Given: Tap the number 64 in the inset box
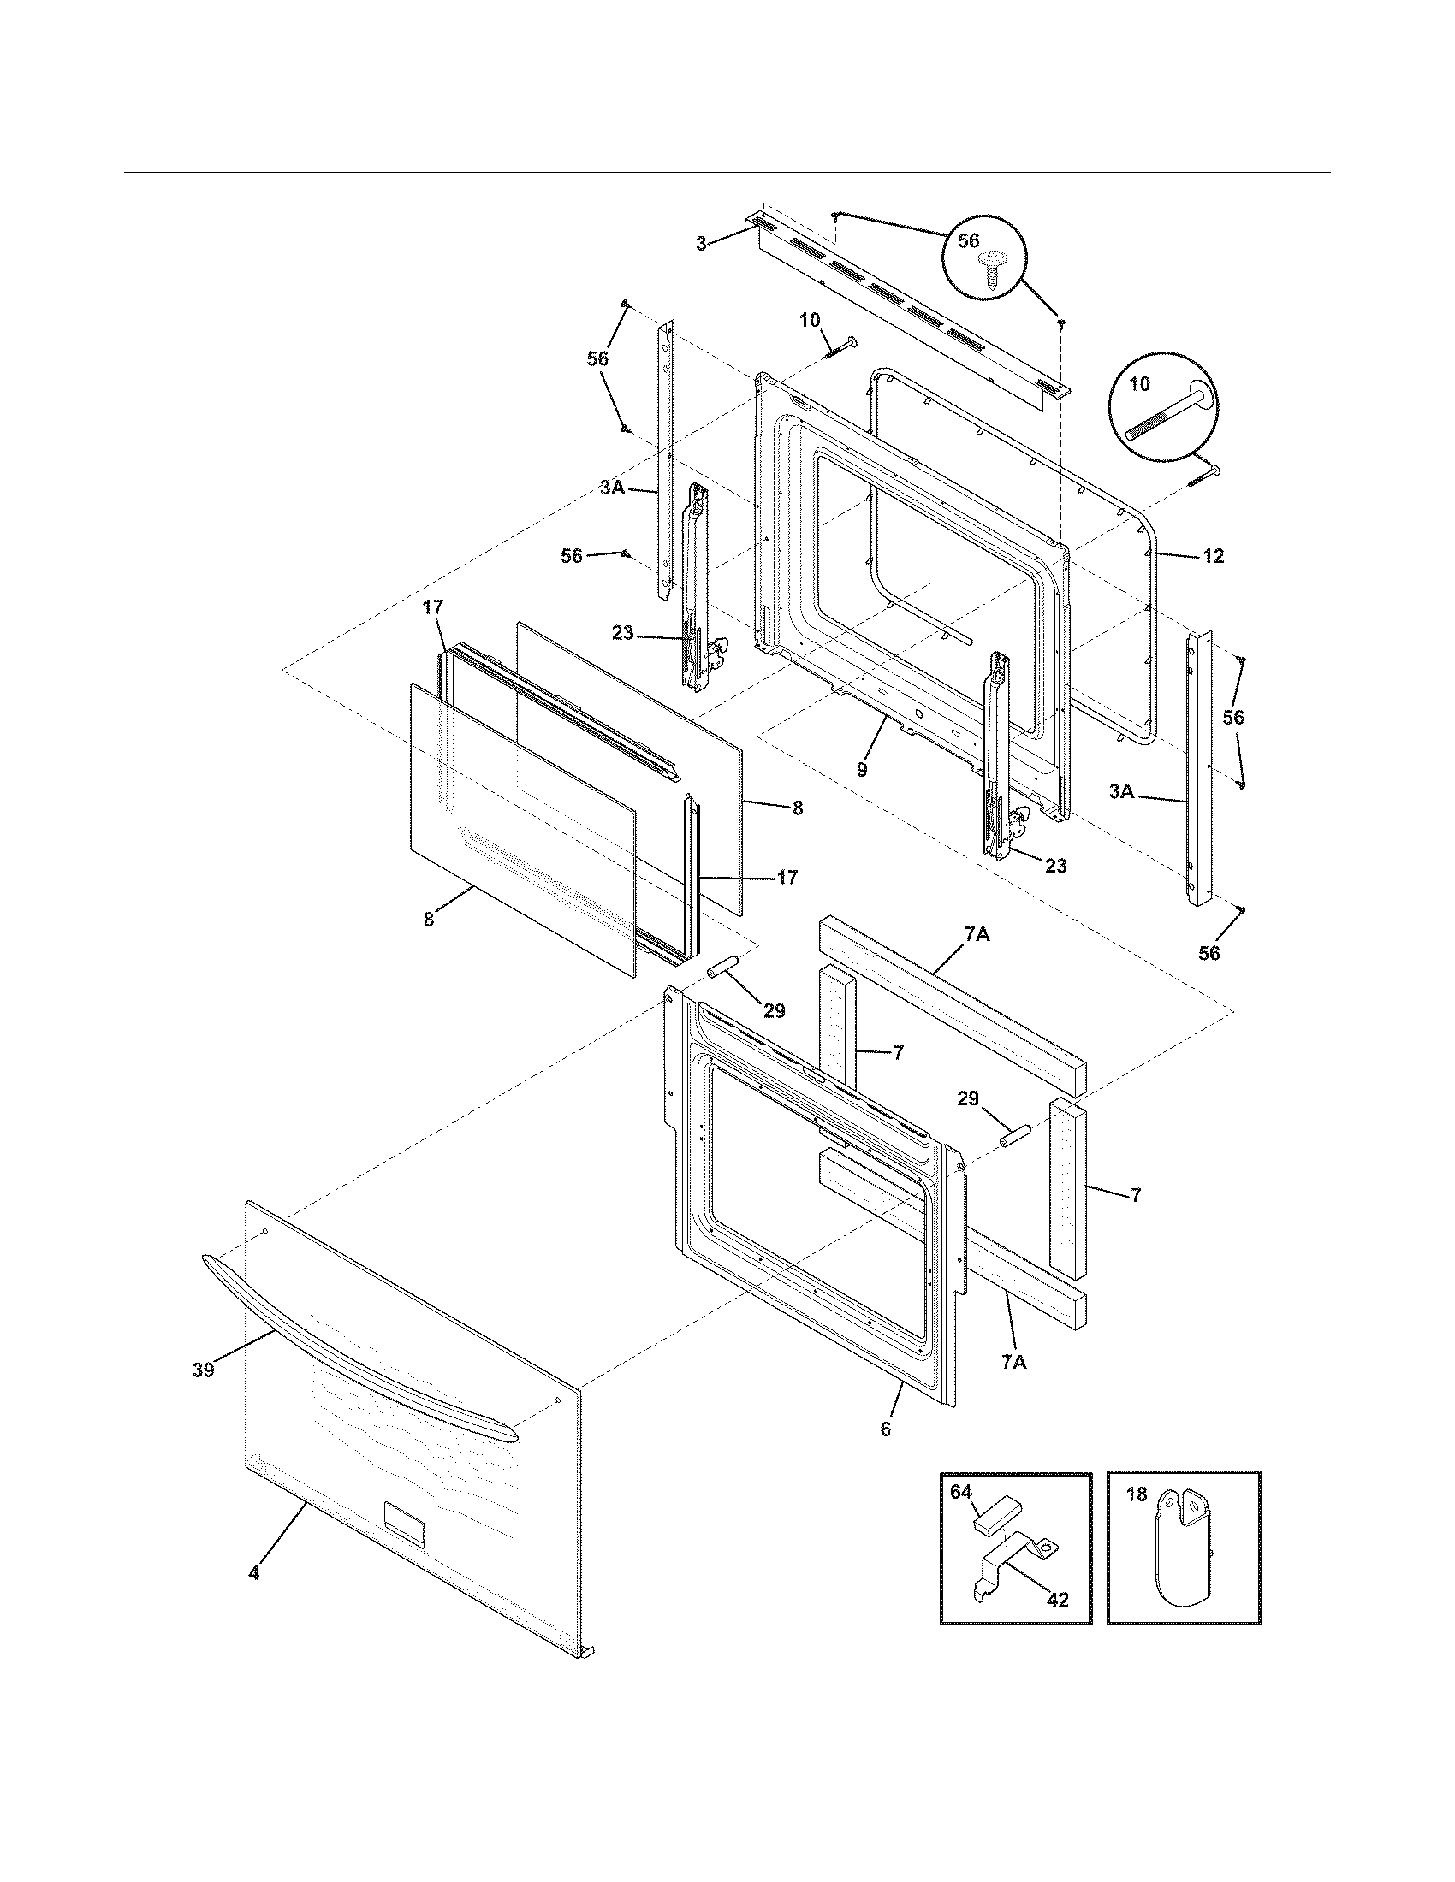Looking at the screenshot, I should click(960, 1492).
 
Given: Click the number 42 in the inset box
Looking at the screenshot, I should click(1057, 1601).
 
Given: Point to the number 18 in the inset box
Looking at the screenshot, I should click(1136, 1494).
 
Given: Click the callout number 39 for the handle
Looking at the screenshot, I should click(203, 1370).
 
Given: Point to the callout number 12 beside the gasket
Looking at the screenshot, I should click(1213, 556).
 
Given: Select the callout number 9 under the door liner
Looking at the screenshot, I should click(862, 771).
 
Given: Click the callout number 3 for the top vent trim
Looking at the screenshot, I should click(702, 244).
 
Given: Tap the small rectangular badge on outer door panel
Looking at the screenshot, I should click(404, 1524).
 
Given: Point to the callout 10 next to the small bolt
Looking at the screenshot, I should click(810, 322).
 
